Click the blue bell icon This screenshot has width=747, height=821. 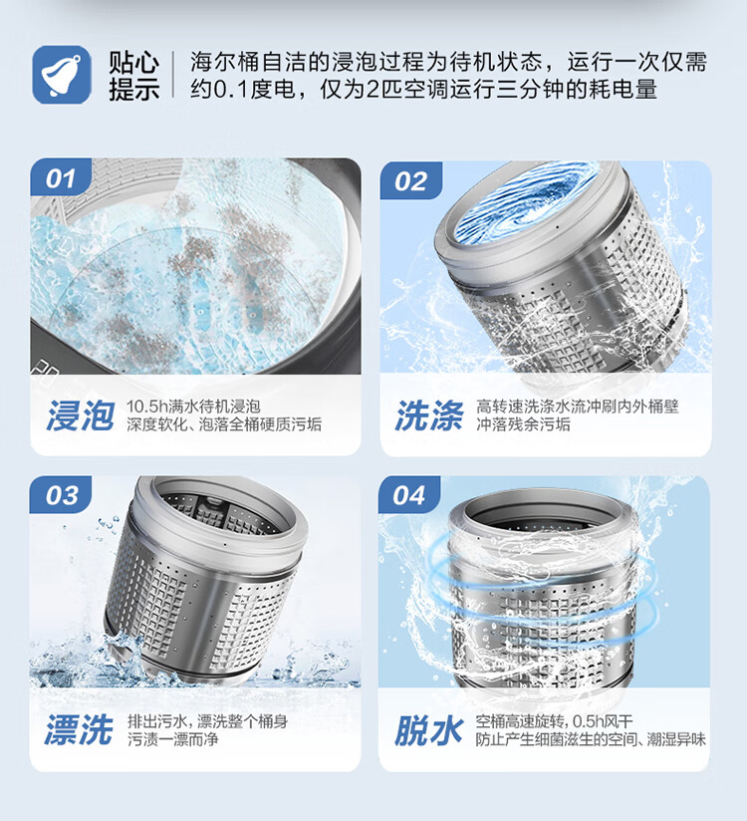(x=62, y=75)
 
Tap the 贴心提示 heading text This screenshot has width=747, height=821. (x=134, y=76)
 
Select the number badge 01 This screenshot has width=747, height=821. (x=61, y=178)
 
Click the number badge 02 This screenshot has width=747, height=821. (x=411, y=180)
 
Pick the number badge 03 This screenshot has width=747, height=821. (x=61, y=495)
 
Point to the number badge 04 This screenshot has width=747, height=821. (x=409, y=495)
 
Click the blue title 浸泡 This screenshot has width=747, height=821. (x=80, y=415)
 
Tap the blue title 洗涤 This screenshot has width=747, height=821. (x=429, y=415)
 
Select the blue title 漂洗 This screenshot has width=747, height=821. (x=79, y=730)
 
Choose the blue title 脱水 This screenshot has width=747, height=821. (x=428, y=730)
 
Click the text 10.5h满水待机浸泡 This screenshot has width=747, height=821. (x=193, y=407)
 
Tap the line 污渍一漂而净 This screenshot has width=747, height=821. (x=173, y=739)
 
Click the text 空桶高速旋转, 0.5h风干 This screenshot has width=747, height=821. (x=555, y=721)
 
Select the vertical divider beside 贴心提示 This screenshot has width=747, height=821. (x=172, y=75)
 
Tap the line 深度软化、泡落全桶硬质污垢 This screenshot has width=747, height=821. (x=224, y=424)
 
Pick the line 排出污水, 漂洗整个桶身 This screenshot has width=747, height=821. (x=208, y=721)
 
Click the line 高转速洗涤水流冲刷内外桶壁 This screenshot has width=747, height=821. (x=578, y=407)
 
